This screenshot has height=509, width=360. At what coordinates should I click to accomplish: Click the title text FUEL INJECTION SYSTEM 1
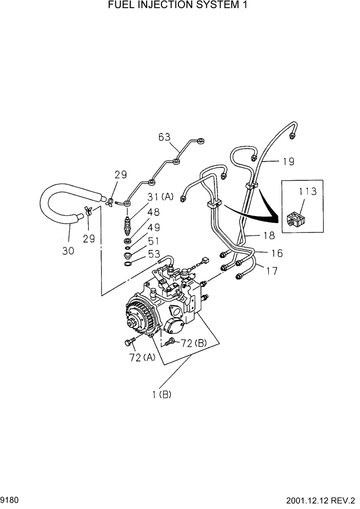pyautogui.click(x=181, y=6)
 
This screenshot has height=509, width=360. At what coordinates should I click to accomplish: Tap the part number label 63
pyautogui.click(x=164, y=136)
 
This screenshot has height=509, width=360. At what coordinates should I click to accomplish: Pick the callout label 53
pyautogui.click(x=154, y=254)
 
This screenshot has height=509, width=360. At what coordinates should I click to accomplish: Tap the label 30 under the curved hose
pyautogui.click(x=68, y=250)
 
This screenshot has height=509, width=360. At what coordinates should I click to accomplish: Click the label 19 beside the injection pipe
pyautogui.click(x=288, y=162)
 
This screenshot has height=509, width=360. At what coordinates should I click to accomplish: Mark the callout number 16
pyautogui.click(x=276, y=253)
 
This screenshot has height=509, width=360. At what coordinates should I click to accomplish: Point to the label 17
pyautogui.click(x=272, y=270)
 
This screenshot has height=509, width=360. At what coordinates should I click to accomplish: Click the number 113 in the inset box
pyautogui.click(x=308, y=192)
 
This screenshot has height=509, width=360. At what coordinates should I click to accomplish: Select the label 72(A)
pyautogui.click(x=142, y=358)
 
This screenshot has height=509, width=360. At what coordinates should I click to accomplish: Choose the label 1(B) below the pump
pyautogui.click(x=161, y=395)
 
